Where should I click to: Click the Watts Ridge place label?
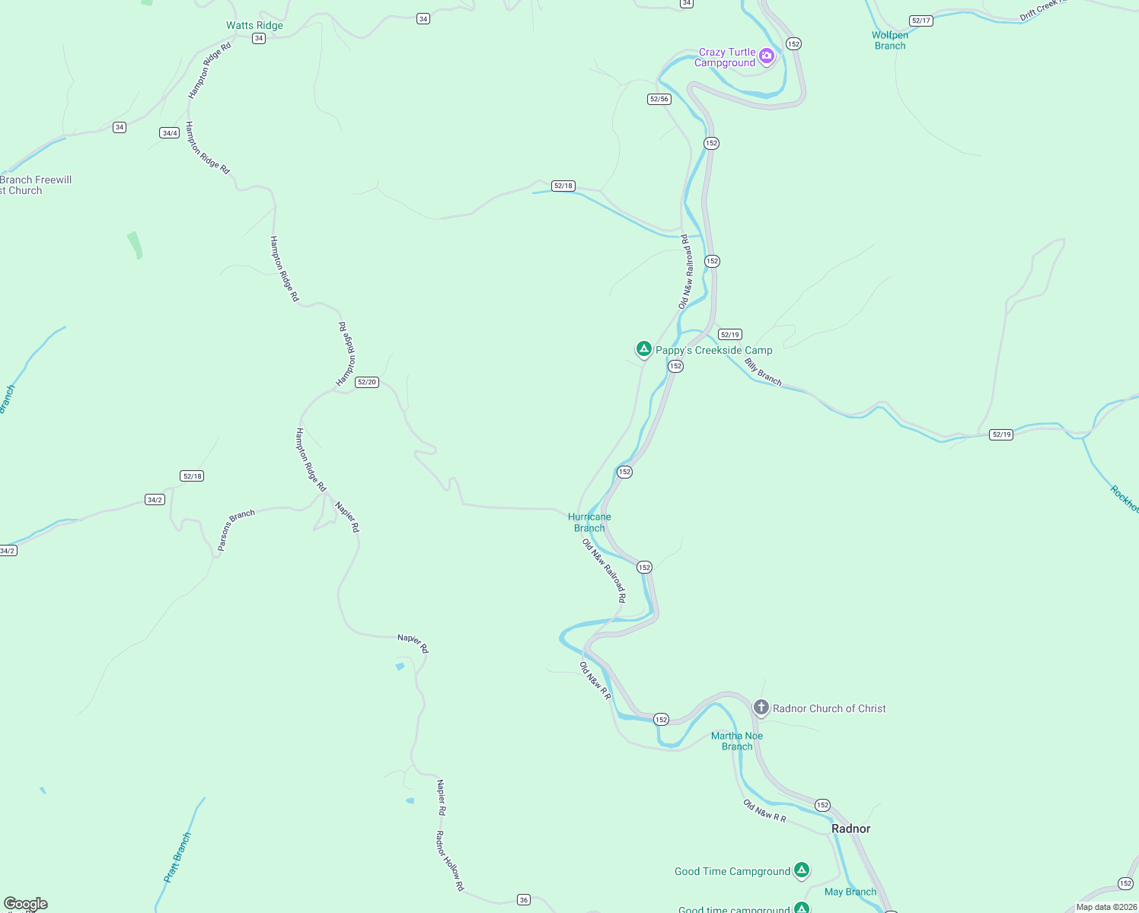pos(254,25)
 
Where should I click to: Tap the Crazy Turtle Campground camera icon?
pos(767,56)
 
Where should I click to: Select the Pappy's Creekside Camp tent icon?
pos(643,349)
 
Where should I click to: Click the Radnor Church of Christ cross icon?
pos(761,708)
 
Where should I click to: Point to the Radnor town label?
pos(850,829)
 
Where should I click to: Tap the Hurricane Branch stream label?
pos(589,522)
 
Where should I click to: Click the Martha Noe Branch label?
pos(736,741)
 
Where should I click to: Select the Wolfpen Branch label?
pos(890,40)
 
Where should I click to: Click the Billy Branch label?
pos(763,372)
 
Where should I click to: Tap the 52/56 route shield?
pos(659,99)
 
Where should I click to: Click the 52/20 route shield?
pos(367,382)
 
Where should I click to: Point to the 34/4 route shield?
pos(169,133)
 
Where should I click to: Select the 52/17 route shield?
pos(921,21)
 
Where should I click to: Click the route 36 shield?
pos(524,900)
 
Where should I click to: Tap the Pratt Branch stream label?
pos(177,857)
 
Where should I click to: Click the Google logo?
pos(26,904)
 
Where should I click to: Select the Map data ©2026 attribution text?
pos(1105,907)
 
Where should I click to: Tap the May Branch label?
pos(850,892)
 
